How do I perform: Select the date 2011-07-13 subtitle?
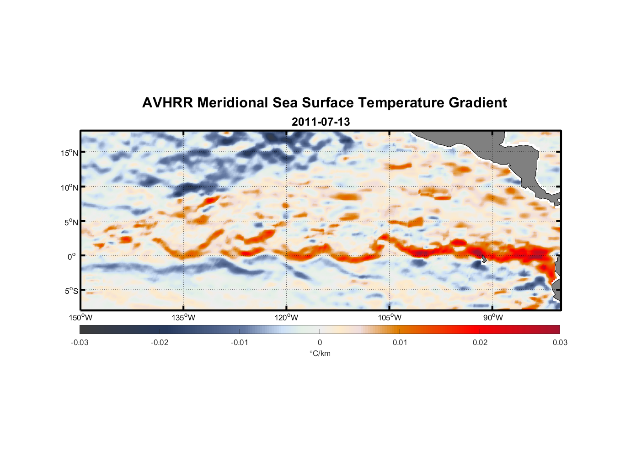click(x=321, y=122)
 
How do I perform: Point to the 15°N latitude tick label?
click(x=69, y=153)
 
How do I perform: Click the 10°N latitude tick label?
click(x=69, y=187)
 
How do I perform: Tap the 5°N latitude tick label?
click(x=71, y=222)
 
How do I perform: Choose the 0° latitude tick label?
click(x=72, y=256)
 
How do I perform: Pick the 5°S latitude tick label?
click(x=71, y=291)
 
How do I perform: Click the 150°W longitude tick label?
click(x=81, y=318)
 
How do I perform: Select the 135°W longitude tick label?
click(x=184, y=318)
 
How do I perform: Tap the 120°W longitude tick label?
click(x=287, y=318)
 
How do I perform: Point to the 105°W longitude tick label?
click(x=390, y=318)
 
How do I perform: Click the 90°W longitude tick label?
click(x=493, y=318)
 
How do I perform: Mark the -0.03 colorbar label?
click(x=80, y=342)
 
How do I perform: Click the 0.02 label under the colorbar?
click(x=480, y=342)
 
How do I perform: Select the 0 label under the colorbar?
click(x=320, y=342)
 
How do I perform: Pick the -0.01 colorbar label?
click(x=240, y=342)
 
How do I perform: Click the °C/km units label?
click(x=320, y=353)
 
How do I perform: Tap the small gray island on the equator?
click(x=484, y=259)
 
